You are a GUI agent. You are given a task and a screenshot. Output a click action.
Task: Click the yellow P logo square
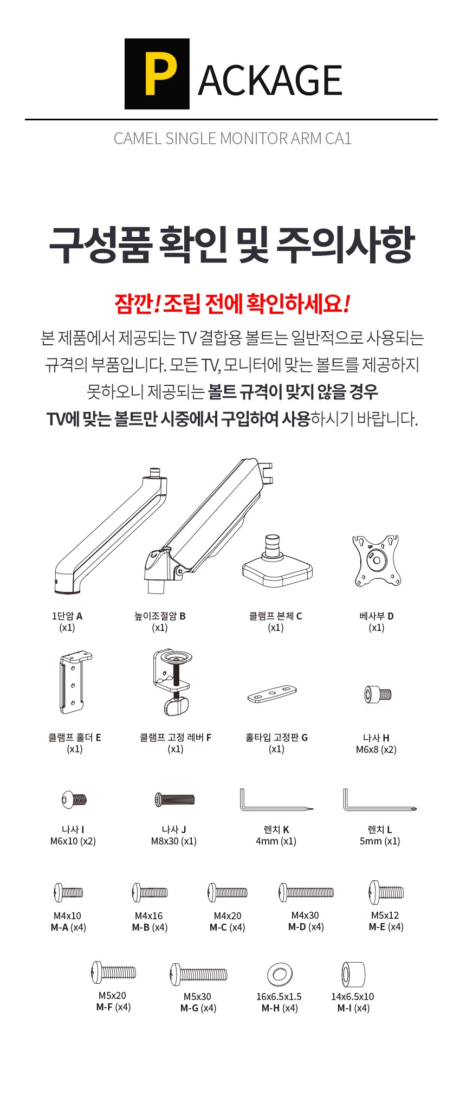(157, 74)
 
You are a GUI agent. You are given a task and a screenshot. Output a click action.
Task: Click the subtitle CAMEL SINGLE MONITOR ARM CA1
(232, 139)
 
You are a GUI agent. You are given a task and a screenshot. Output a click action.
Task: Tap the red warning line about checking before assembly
(232, 304)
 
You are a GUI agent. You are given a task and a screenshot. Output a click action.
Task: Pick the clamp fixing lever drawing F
(172, 682)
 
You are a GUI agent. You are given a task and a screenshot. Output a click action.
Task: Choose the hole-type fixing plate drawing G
(272, 694)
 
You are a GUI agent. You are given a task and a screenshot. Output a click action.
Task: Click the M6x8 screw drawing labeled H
(378, 694)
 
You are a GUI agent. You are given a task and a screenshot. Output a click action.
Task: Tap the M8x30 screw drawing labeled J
(174, 799)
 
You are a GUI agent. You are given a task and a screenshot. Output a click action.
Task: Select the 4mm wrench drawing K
(276, 801)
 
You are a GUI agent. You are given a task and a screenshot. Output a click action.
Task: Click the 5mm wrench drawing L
(379, 801)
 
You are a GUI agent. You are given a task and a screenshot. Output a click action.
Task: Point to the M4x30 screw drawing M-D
(306, 892)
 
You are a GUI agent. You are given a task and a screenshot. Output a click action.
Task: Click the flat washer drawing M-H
(280, 975)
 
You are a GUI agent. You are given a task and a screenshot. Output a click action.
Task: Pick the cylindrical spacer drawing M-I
(353, 974)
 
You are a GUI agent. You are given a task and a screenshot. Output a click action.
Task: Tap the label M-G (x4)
(198, 1008)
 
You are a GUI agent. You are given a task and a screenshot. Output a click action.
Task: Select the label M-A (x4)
(68, 927)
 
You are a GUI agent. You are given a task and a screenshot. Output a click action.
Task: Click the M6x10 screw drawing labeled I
(74, 799)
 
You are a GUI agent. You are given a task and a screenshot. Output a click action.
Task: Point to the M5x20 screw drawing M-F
(114, 972)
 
